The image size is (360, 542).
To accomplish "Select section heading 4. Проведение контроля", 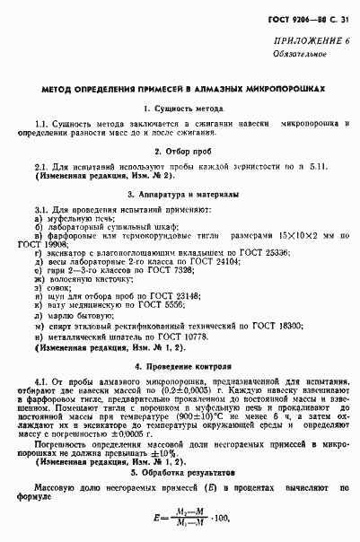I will (180, 365).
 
